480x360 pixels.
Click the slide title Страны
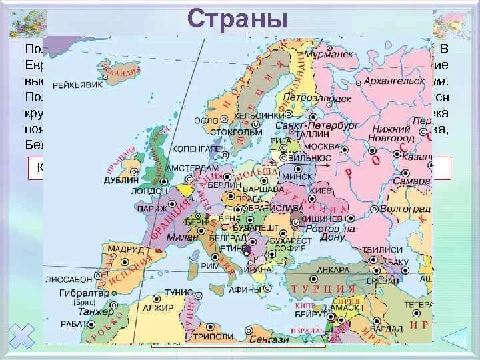click(x=237, y=18)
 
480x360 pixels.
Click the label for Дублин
click(x=121, y=179)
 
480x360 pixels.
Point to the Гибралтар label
click(x=81, y=293)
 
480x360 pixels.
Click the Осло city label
click(x=204, y=120)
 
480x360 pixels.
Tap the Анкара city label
click(x=333, y=269)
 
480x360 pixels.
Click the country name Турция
click(x=323, y=289)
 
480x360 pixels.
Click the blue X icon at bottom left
click(x=23, y=337)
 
